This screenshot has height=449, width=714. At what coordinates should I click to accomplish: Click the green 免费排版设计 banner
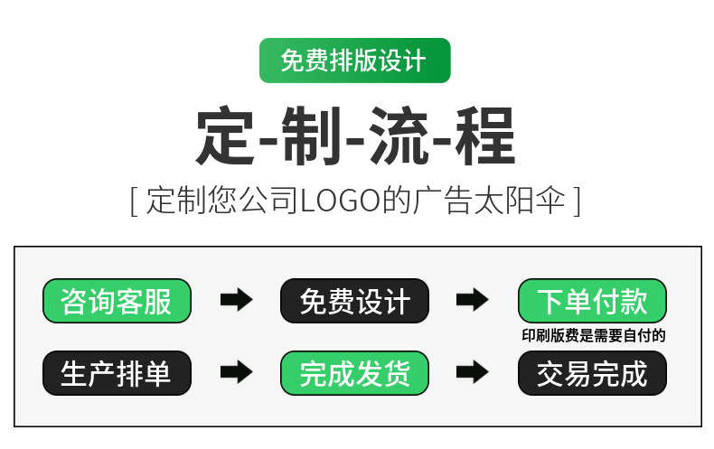click(354, 61)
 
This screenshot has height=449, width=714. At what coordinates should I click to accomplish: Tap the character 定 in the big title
click(226, 136)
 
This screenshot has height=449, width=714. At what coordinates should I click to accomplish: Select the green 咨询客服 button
click(117, 301)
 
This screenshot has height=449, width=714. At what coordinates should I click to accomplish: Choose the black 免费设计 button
click(354, 301)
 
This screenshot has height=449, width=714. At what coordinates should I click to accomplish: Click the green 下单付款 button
click(592, 301)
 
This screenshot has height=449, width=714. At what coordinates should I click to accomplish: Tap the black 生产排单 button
click(117, 372)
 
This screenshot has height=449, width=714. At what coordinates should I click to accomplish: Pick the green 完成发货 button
click(354, 372)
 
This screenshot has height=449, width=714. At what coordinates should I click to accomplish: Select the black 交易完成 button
click(592, 372)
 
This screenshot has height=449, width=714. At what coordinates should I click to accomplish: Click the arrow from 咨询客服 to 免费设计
click(236, 301)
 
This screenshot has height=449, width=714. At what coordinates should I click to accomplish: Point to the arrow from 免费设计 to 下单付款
click(473, 301)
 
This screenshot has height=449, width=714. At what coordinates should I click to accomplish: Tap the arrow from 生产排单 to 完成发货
click(236, 372)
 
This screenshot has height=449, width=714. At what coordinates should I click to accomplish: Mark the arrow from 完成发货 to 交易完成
click(473, 372)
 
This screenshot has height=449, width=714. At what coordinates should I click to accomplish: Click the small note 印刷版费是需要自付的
click(593, 336)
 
